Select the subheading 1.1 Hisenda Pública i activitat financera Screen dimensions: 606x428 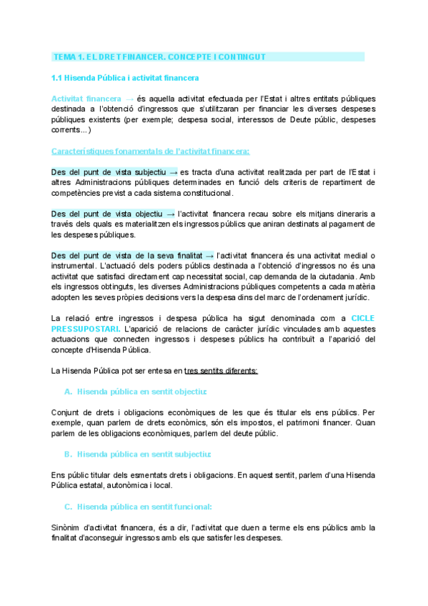125,77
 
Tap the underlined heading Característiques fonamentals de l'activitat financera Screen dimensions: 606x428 150,151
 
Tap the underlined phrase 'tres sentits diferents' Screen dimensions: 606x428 221,370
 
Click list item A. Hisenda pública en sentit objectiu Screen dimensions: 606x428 136,392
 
